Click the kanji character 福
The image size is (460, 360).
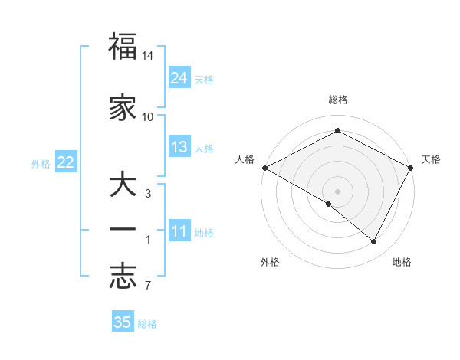[x=123, y=47]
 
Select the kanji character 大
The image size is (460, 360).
[x=123, y=185]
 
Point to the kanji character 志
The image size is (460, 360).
[x=123, y=277]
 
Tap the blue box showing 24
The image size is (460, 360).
[x=179, y=77]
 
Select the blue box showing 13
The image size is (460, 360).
[x=179, y=147]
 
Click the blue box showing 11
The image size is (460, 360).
[x=179, y=231]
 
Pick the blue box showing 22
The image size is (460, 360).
[x=66, y=162]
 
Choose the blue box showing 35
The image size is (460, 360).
[x=123, y=322]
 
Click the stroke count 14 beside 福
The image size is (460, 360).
[x=148, y=57]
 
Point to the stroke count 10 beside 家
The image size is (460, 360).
[x=148, y=116]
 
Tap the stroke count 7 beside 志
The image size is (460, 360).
[x=147, y=286]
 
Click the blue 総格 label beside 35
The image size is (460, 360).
[x=148, y=324]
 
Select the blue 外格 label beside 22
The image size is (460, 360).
[x=41, y=163]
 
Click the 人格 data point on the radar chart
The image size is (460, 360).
[x=264, y=168]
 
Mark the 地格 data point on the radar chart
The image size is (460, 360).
[x=374, y=242]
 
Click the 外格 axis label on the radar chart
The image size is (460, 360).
[x=270, y=263]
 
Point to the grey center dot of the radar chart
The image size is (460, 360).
[x=337, y=191]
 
